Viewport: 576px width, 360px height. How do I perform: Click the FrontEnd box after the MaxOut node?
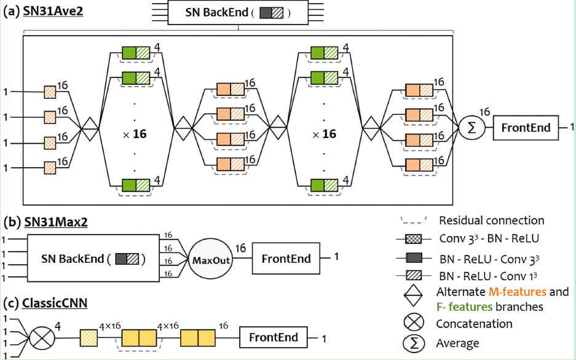tap(286, 259)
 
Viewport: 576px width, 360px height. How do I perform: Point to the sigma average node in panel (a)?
tap(471, 128)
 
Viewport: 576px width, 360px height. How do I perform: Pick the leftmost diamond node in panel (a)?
tap(90, 128)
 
